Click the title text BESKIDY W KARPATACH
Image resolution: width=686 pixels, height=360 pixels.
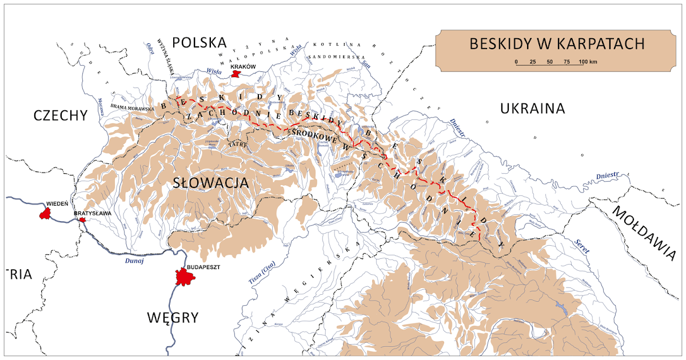click(557, 44)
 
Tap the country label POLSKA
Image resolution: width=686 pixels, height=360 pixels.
click(200, 42)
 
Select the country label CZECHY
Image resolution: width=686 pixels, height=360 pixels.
click(60, 115)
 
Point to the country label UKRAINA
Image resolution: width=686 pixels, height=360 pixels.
click(532, 109)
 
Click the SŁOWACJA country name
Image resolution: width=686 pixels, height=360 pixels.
click(211, 183)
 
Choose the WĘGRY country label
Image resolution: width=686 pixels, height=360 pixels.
click(172, 317)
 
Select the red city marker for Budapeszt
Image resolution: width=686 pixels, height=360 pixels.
click(185, 278)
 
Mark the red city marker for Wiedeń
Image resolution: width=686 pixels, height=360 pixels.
click(43, 214)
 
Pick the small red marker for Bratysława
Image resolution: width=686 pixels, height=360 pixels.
click(83, 220)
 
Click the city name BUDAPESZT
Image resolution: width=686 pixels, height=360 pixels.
click(203, 267)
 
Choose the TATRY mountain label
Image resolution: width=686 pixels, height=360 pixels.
click(237, 145)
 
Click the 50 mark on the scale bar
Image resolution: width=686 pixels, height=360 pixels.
click(549, 62)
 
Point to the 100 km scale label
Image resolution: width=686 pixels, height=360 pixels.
click(588, 62)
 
